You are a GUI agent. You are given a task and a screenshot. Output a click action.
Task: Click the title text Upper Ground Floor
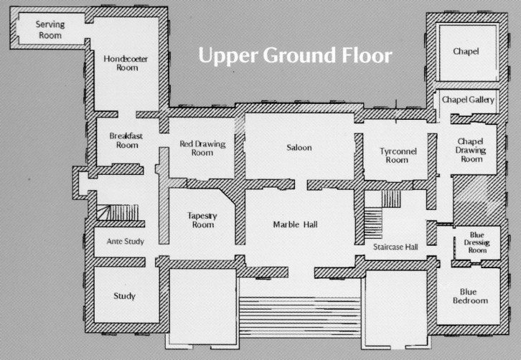295,55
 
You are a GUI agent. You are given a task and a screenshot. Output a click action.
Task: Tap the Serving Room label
50,29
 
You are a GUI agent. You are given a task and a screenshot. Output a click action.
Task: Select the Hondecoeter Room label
126,63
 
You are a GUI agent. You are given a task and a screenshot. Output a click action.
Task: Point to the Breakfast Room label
126,141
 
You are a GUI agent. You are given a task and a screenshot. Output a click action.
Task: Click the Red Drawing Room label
202,148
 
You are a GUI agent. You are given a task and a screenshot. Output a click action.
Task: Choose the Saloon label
299,148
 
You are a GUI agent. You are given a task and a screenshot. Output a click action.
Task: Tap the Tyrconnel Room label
398,156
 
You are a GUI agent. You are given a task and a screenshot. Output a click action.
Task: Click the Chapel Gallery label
468,100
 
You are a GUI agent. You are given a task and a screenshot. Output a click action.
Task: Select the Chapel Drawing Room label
471,151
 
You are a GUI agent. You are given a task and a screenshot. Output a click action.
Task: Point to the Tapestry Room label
202,220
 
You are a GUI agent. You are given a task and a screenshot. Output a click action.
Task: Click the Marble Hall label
295,224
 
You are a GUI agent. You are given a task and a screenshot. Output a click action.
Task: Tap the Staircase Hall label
395,247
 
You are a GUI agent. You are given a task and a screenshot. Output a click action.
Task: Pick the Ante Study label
126,242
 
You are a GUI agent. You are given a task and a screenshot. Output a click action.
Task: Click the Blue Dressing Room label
477,243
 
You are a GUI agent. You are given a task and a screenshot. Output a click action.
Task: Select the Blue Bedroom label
470,296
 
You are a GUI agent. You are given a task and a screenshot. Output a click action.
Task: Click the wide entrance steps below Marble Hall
300,318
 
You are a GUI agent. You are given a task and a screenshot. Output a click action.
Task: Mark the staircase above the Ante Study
117,212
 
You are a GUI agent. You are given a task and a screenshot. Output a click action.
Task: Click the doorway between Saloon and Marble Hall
301,184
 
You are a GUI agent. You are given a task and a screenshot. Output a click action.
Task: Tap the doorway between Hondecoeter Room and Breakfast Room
127,115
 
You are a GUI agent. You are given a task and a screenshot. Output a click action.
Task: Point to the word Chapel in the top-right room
466,52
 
